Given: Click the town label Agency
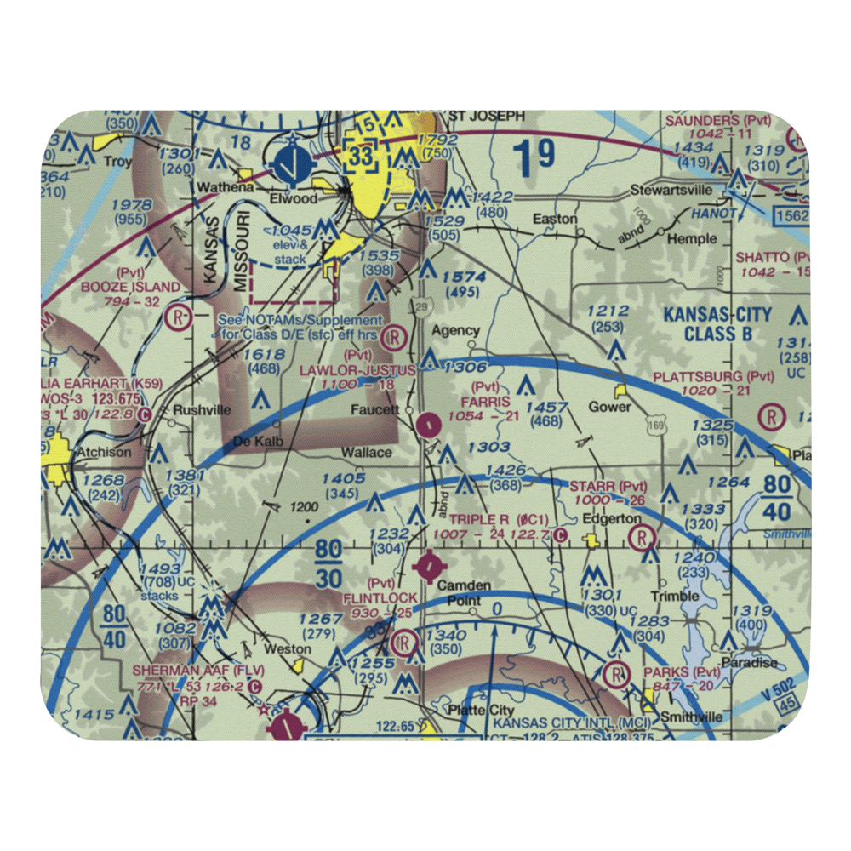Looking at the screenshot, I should click(456, 330).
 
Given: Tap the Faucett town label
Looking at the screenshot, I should click(375, 409).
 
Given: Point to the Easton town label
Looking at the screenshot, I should click(555, 219).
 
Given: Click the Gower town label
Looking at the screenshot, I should click(611, 406).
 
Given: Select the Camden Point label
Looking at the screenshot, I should click(464, 592).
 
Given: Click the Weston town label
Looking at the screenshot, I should click(288, 649).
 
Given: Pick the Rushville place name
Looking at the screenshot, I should click(201, 409).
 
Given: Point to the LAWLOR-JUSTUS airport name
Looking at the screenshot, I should click(357, 370).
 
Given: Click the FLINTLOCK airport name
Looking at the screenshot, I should click(380, 598).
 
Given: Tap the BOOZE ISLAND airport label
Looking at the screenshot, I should click(131, 287).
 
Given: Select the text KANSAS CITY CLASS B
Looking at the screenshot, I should click(717, 324).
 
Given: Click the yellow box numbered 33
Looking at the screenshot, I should click(360, 157).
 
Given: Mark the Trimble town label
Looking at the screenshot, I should click(675, 596).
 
